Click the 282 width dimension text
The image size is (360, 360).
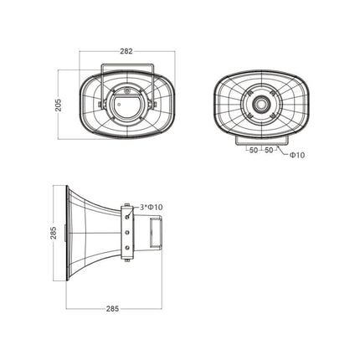tap(126, 51)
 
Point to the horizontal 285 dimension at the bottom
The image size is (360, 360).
tap(112, 309)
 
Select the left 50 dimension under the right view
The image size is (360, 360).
tap(253, 151)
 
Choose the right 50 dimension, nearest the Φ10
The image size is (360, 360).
tap(270, 151)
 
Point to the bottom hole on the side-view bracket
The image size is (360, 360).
tap(127, 252)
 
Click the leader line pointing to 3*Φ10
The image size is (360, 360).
tap(135, 207)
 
